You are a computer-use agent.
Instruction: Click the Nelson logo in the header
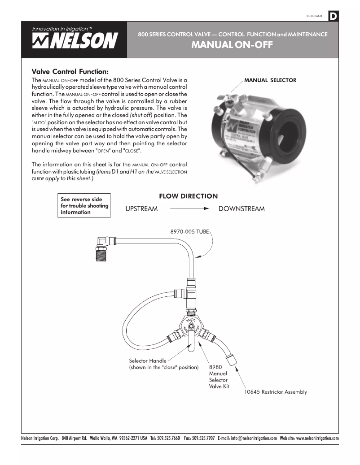[74, 39]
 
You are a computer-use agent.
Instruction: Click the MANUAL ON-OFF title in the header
[232, 45]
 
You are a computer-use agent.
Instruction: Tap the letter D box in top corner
[334, 17]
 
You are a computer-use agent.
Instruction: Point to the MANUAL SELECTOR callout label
[270, 80]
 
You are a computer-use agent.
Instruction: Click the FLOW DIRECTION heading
[188, 196]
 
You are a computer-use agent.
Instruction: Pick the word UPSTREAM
[141, 209]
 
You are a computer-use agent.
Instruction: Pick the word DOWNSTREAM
[241, 209]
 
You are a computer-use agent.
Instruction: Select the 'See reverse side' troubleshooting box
[85, 206]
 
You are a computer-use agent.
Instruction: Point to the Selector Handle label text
[148, 361]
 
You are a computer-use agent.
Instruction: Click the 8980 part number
[216, 366]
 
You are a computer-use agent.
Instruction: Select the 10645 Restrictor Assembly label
[275, 392]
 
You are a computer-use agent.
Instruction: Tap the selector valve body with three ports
[190, 326]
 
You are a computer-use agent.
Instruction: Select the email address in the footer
[247, 438]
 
